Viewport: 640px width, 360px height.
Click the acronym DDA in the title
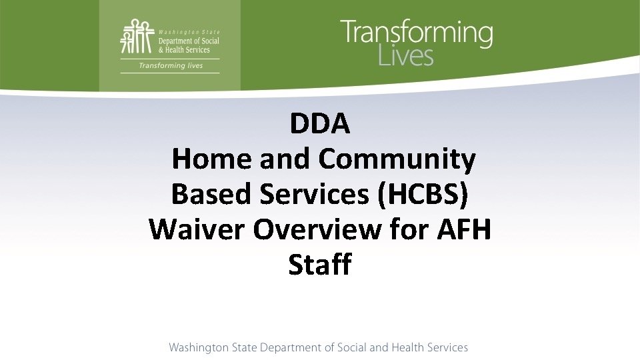(x=320, y=124)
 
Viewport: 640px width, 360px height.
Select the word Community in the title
(x=397, y=159)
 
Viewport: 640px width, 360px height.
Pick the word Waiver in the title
(x=197, y=229)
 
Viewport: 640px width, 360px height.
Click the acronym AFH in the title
(x=464, y=229)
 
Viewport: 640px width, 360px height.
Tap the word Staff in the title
(x=320, y=265)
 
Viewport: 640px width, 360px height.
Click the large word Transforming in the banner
(x=417, y=34)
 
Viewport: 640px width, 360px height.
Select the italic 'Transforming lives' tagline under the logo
(x=171, y=65)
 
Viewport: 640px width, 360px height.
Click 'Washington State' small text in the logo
(x=189, y=32)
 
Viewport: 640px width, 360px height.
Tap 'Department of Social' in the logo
(x=189, y=41)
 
